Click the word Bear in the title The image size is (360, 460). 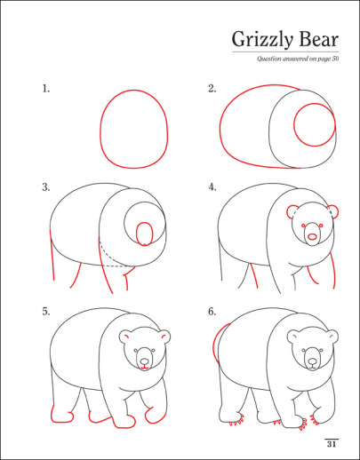318,39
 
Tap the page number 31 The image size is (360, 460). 332,444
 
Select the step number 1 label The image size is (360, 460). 46,89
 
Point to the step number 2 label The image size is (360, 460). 212,89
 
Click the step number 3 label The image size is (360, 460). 46,187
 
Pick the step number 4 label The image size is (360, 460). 212,187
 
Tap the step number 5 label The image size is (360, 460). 46,312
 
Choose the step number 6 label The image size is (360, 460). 212,312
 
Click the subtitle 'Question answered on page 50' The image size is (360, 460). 298,59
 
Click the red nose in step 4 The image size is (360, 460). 312,237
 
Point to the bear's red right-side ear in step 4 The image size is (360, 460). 337,212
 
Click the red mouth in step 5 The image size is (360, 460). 144,368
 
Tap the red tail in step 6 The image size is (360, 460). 213,344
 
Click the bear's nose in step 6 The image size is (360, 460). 312,361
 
